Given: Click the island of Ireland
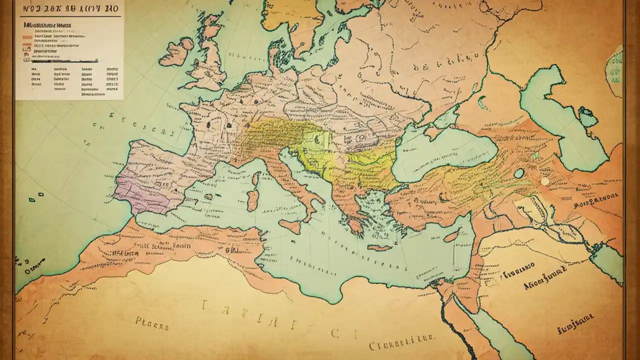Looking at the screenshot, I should coord(176,52).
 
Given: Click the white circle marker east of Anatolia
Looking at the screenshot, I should coord(544,181).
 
